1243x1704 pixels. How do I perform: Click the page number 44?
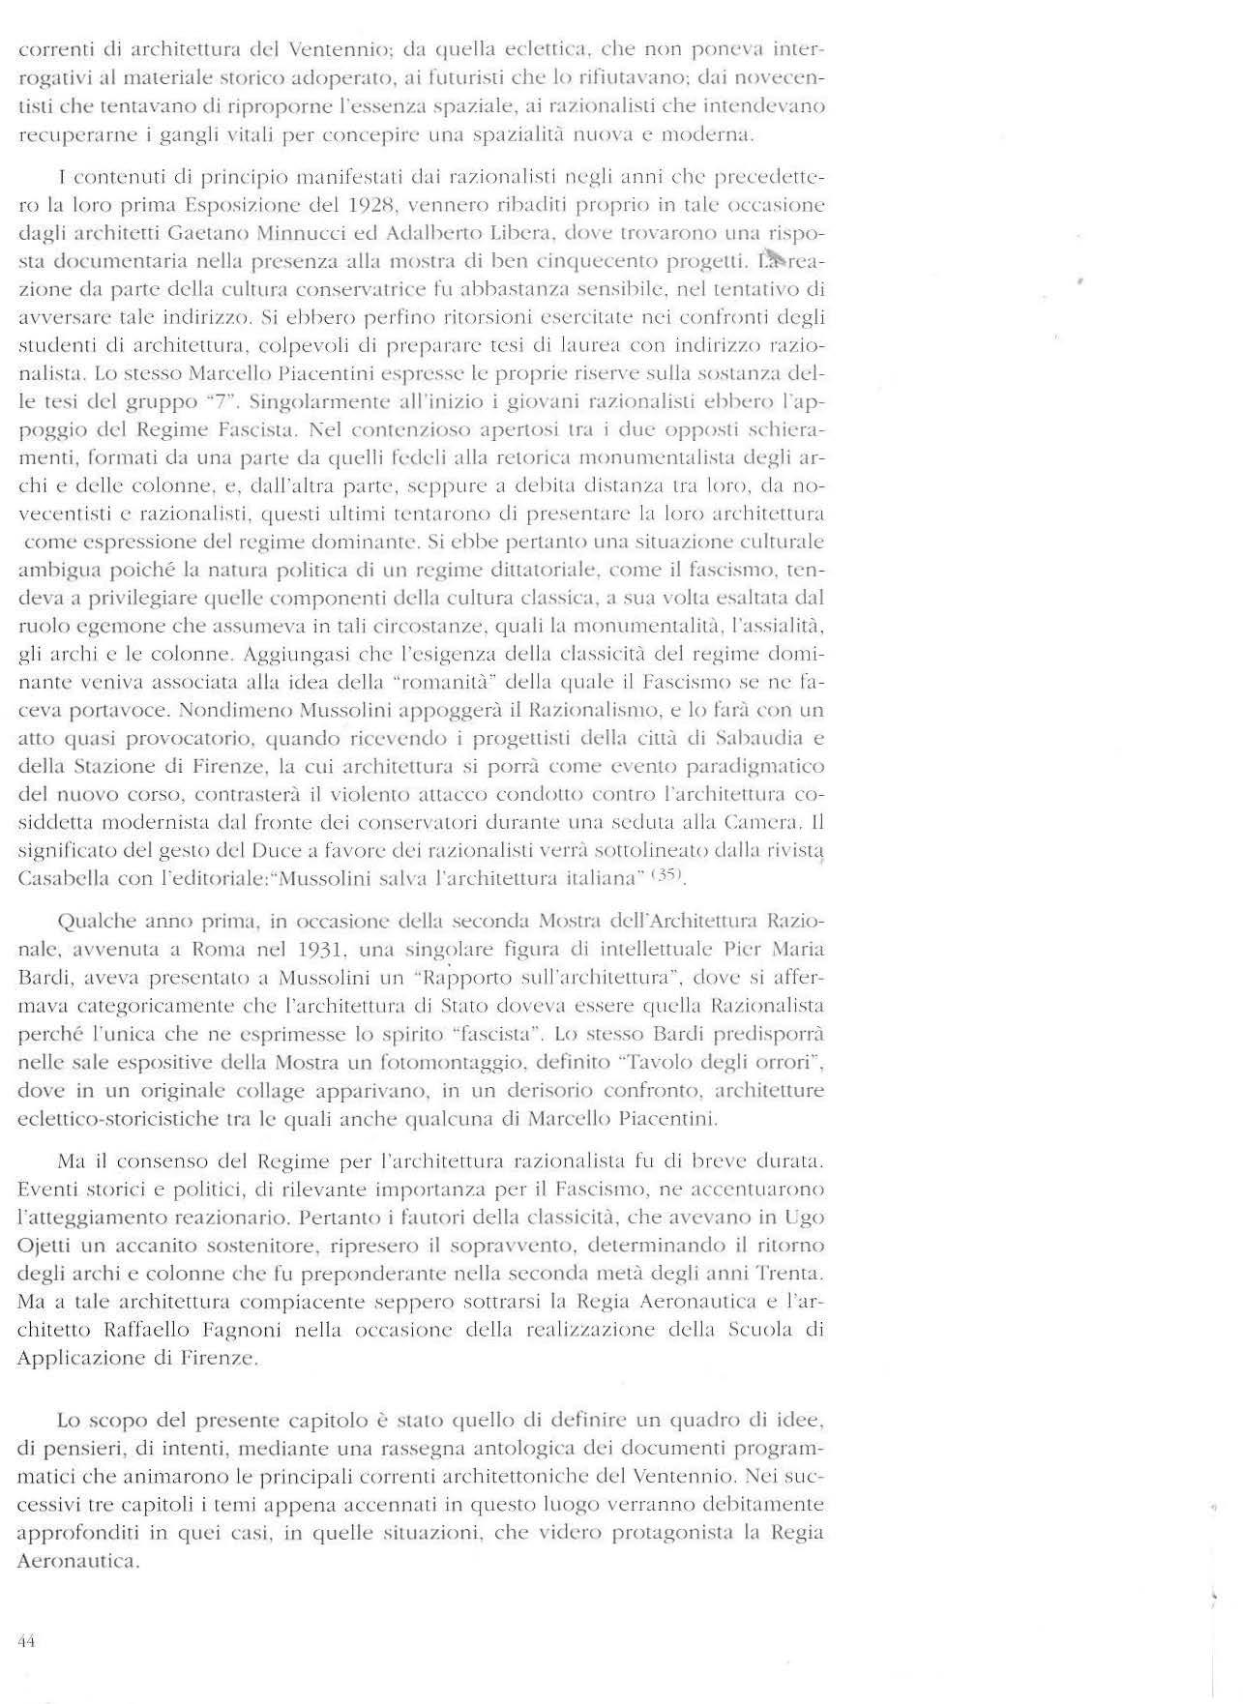pos(26,1640)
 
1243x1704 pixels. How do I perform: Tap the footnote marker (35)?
pos(668,876)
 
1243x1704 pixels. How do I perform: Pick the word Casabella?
pos(58,879)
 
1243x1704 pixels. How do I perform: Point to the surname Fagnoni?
pos(238,1329)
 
